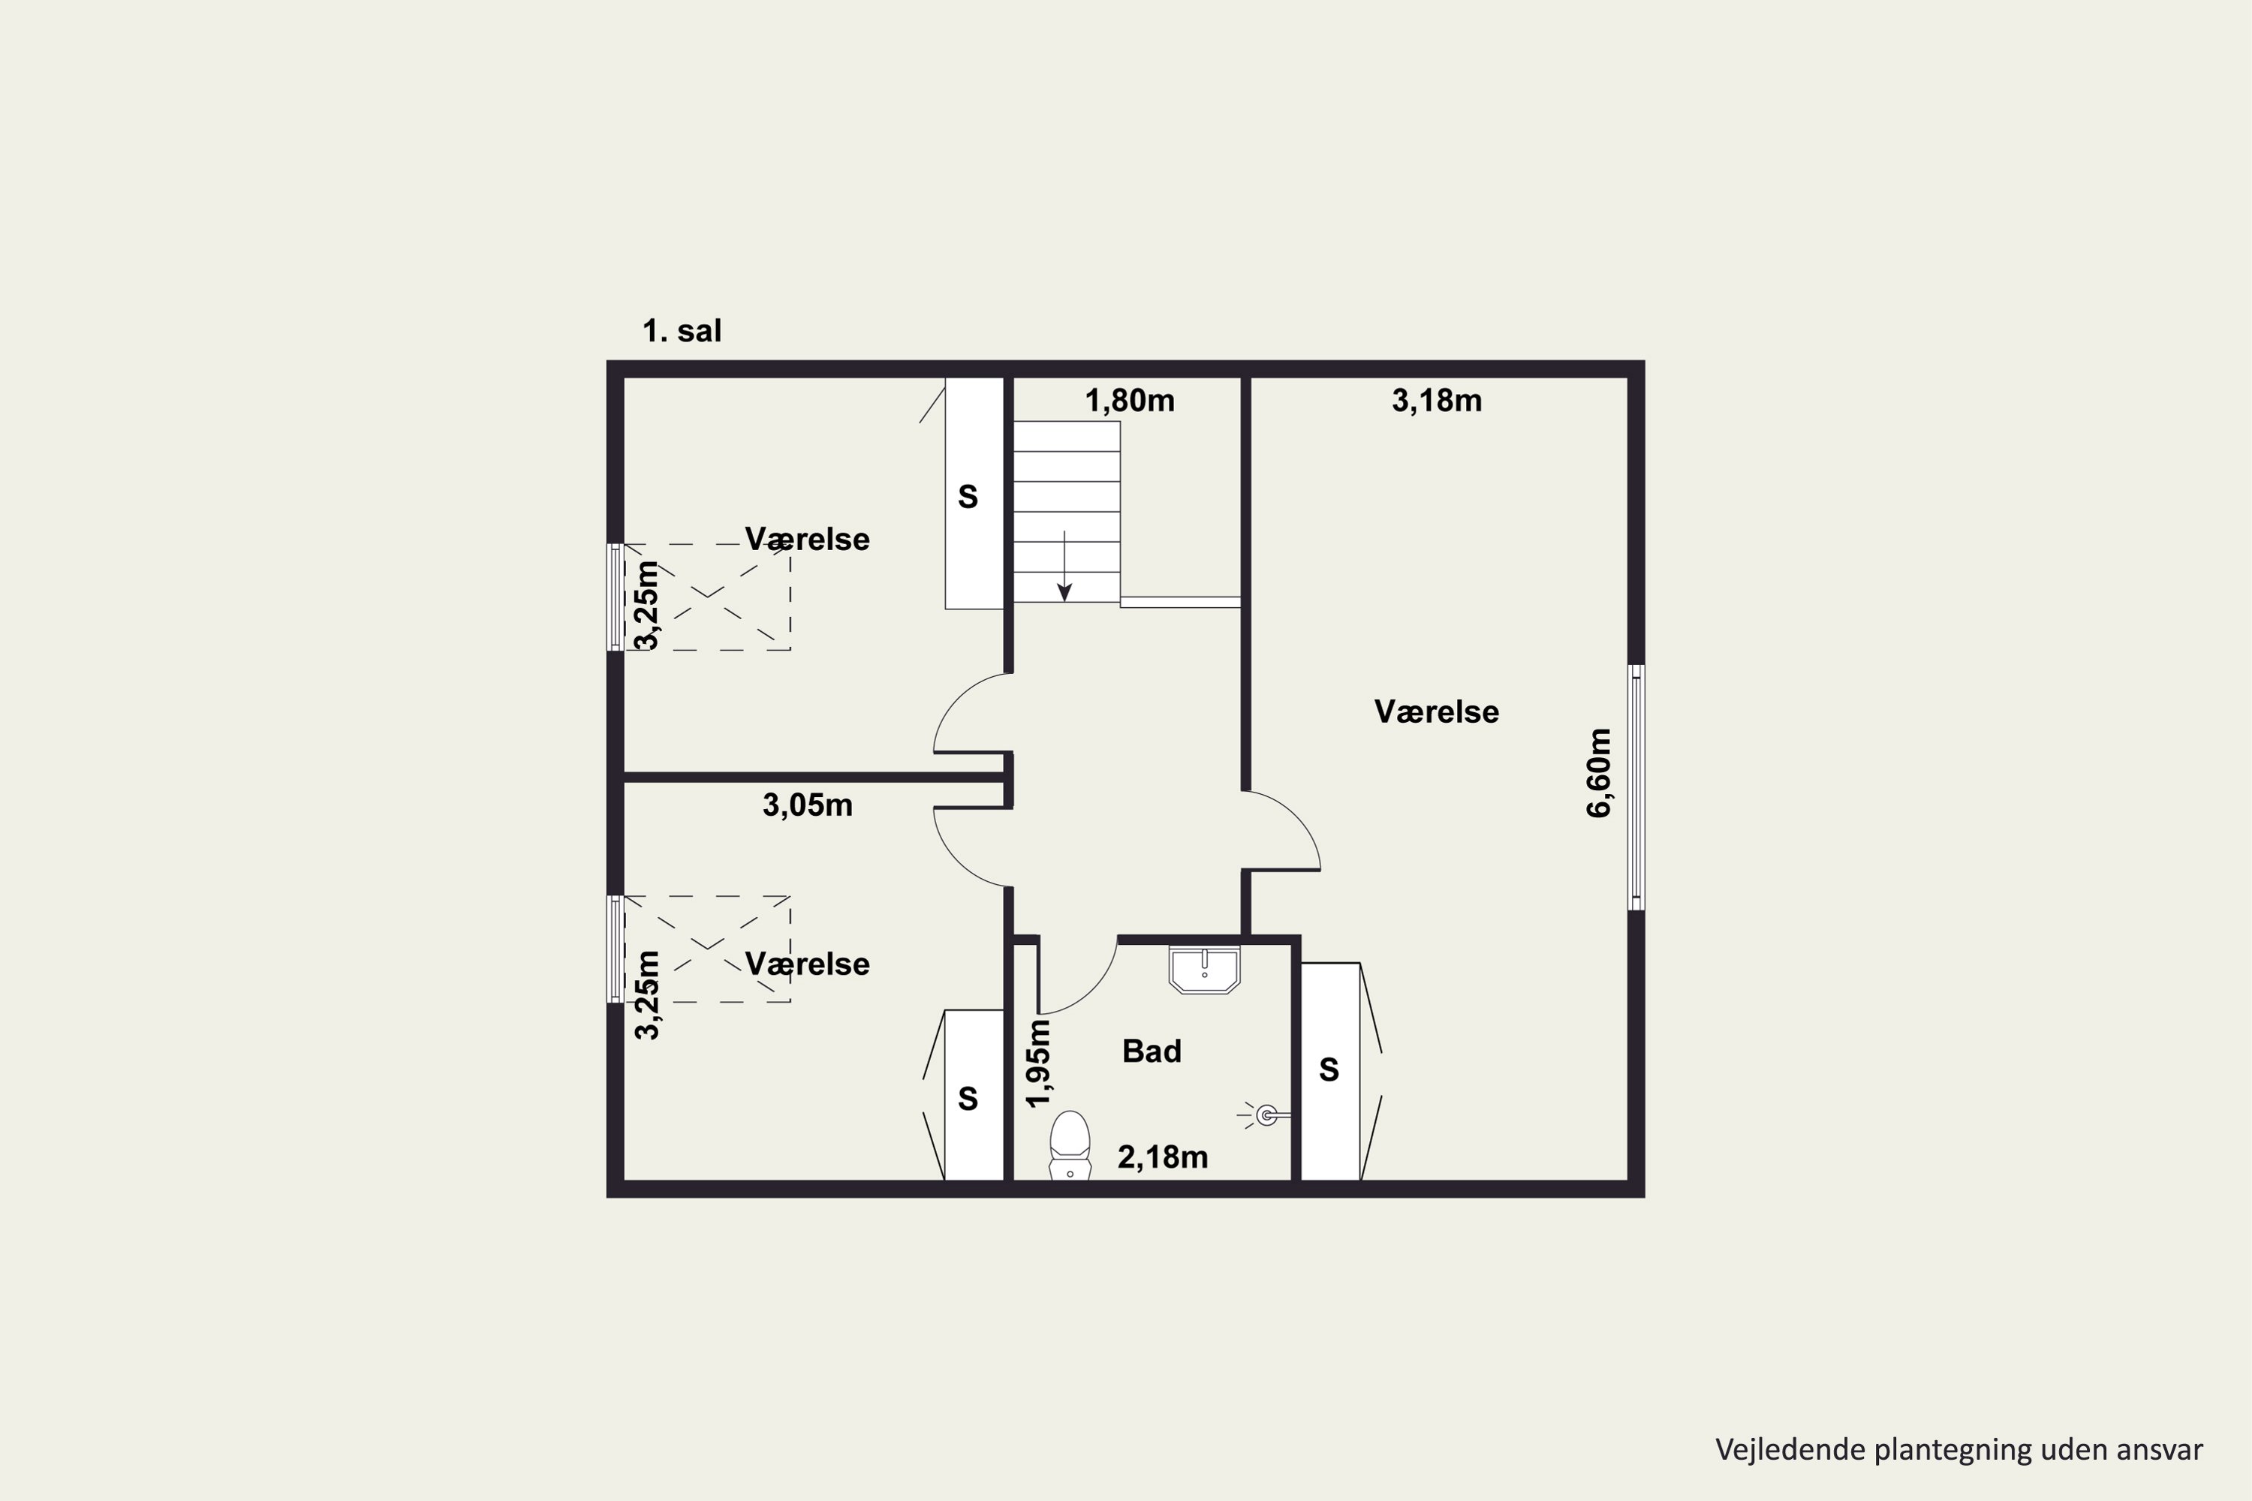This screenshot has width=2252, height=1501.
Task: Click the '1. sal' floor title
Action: (682, 331)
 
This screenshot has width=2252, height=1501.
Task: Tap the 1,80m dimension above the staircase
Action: (1130, 400)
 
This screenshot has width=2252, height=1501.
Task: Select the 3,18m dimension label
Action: (1436, 400)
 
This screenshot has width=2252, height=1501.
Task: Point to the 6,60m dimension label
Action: (1600, 772)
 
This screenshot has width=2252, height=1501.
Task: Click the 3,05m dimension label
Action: (807, 805)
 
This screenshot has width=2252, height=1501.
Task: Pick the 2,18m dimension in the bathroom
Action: (1162, 1157)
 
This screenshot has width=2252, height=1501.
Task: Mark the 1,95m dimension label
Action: (1039, 1063)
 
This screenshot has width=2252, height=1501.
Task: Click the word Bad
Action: (1152, 1051)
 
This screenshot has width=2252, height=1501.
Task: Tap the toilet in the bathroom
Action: (1070, 1145)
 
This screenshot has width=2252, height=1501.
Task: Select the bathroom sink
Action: (1205, 970)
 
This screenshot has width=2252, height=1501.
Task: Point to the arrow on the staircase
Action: (1064, 566)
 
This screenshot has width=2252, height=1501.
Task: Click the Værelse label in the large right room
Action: (1436, 711)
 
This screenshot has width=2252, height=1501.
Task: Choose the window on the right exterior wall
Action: (1637, 787)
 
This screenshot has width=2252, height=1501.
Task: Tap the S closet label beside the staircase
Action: (968, 497)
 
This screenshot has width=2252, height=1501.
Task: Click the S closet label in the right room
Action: (1329, 1069)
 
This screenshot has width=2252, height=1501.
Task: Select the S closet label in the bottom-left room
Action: (968, 1098)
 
